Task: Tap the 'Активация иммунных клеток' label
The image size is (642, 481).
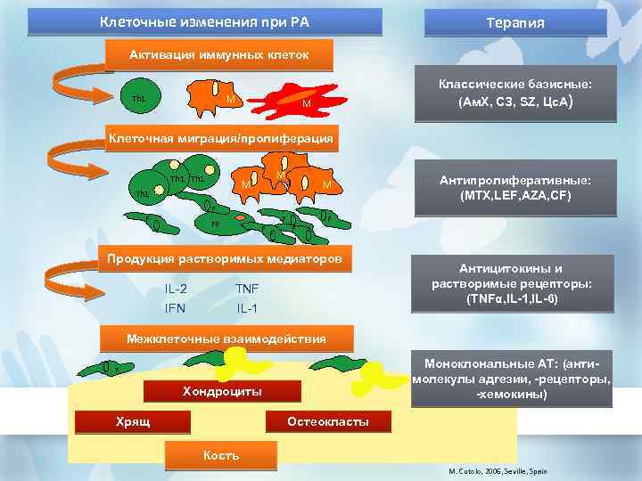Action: coord(219,55)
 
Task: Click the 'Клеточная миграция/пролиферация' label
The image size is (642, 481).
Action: coord(220,139)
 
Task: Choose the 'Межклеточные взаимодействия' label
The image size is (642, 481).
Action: coord(226,338)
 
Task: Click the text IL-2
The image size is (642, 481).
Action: coord(176,289)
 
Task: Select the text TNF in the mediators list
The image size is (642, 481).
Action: coord(246,289)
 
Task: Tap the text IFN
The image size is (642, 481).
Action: coord(176,308)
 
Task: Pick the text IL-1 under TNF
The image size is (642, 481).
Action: coord(247,308)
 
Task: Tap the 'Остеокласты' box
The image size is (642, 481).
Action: coord(328,420)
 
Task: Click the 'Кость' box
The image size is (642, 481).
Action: coord(221,455)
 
